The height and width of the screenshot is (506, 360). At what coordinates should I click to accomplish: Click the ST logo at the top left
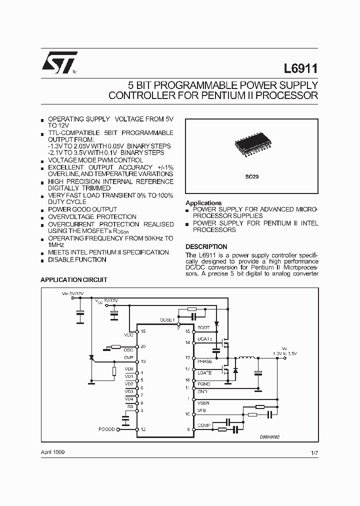tap(59, 62)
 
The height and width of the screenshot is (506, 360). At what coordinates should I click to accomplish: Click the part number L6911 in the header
tap(301, 68)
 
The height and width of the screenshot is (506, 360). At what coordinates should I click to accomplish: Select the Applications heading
tap(203, 203)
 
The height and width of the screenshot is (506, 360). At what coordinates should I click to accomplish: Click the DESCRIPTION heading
tap(206, 246)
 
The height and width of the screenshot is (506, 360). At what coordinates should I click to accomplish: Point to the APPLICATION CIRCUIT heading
tap(73, 280)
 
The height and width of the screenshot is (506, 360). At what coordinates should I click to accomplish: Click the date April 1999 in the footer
tap(52, 452)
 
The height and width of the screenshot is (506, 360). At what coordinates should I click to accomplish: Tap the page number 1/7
tap(314, 452)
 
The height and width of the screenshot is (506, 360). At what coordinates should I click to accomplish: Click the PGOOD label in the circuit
tap(107, 429)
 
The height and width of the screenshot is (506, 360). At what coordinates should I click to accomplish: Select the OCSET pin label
tap(167, 319)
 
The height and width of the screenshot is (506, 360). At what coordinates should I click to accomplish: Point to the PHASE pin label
tap(205, 361)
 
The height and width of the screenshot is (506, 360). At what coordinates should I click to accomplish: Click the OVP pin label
tap(128, 358)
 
